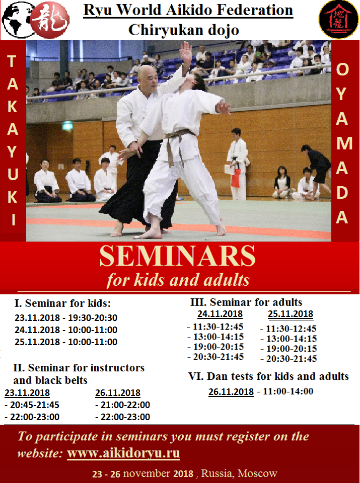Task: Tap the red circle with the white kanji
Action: click(x=50, y=20)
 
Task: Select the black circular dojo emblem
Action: click(x=338, y=19)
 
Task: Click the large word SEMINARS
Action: click(x=178, y=256)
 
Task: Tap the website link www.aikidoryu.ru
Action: click(x=123, y=453)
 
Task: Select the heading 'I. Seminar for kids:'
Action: click(x=62, y=303)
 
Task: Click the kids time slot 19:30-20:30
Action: click(x=93, y=317)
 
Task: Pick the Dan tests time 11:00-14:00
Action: click(x=288, y=391)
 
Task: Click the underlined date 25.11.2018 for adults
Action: click(x=291, y=314)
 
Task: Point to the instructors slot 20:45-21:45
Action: click(x=34, y=405)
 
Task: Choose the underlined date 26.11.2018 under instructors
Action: click(x=118, y=393)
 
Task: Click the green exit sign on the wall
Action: click(x=67, y=126)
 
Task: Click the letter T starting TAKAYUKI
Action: click(x=12, y=61)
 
